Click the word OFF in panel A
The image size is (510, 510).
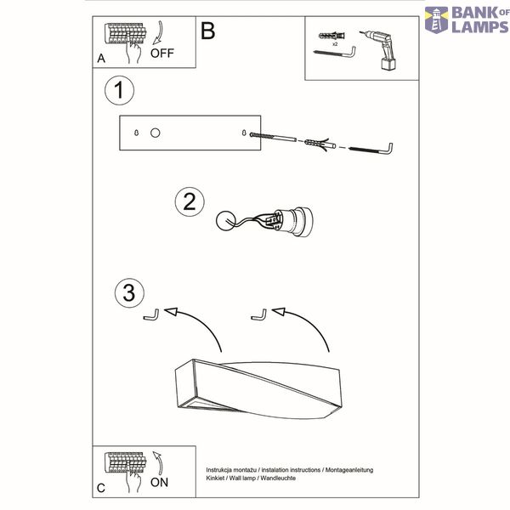click(162, 54)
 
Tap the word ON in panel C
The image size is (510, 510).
click(160, 482)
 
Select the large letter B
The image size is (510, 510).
click(208, 31)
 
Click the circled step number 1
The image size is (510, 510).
click(119, 90)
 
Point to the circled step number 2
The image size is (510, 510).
click(190, 202)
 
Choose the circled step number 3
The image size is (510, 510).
click(129, 292)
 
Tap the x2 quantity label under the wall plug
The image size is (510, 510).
click(335, 44)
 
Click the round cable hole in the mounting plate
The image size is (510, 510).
click(156, 133)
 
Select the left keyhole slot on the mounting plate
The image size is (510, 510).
click(136, 133)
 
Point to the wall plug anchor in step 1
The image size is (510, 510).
click(320, 144)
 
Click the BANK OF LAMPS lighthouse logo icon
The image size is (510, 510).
click(437, 20)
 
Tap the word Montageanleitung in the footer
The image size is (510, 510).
click(349, 470)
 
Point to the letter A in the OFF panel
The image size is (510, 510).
click(101, 59)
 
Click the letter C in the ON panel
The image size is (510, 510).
click(101, 488)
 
